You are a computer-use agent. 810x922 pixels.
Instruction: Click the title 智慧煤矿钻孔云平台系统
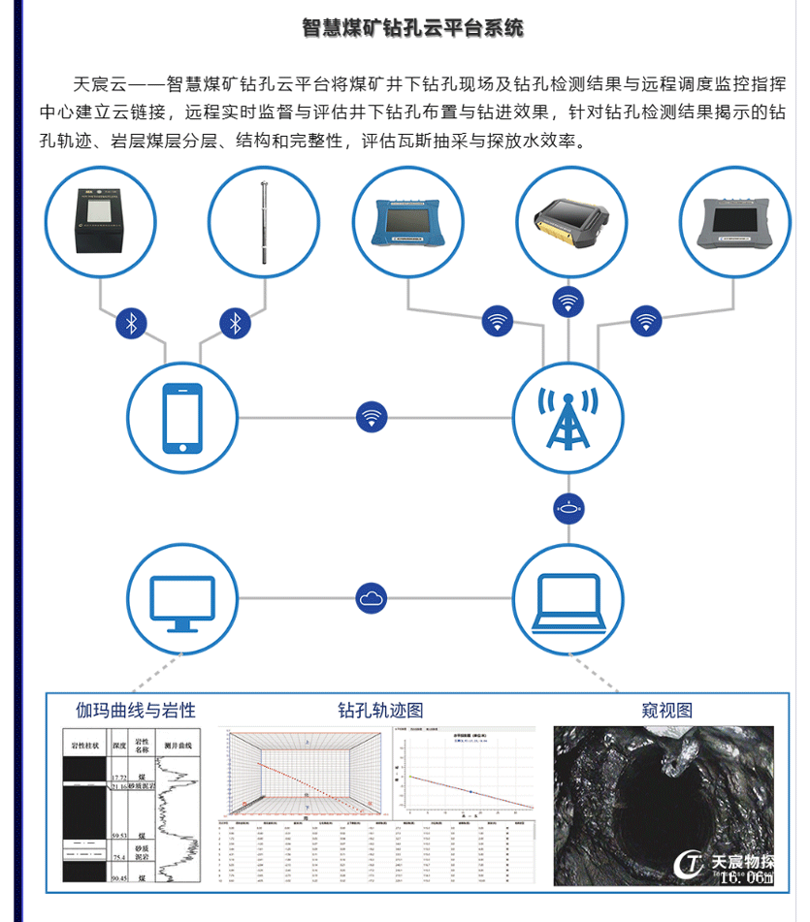tap(412, 28)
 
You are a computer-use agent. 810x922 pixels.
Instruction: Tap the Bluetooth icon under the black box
tap(132, 323)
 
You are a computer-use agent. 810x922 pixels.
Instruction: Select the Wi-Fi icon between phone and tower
tap(371, 417)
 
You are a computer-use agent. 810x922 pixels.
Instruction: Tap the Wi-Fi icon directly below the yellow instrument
tap(568, 302)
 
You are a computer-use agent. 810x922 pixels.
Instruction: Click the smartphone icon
tap(183, 418)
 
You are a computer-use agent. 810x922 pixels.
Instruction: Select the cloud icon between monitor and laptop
tap(371, 598)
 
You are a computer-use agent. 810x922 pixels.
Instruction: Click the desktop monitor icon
tap(182, 598)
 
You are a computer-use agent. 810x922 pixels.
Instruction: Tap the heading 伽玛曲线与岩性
tap(130, 710)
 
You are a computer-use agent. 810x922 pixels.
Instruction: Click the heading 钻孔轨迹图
tap(380, 711)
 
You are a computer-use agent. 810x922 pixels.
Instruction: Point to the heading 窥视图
tap(666, 710)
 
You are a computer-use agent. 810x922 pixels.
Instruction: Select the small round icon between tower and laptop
tap(567, 507)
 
